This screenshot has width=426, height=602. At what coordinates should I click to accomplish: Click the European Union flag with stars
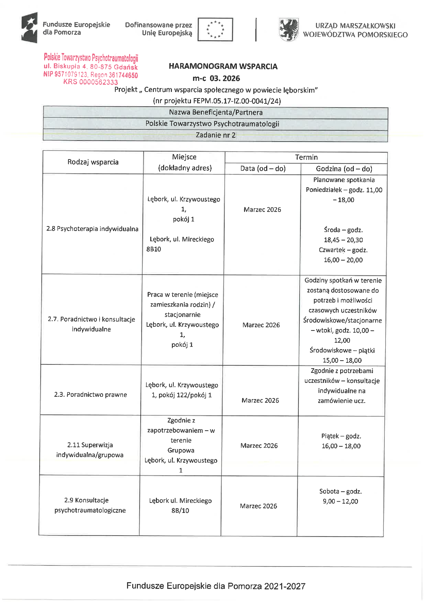[215, 29]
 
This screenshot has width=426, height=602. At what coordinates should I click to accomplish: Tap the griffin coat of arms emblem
[288, 29]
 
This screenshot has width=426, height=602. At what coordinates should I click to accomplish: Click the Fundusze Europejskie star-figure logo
[29, 28]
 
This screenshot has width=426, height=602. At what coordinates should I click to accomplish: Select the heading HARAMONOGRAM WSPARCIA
[223, 66]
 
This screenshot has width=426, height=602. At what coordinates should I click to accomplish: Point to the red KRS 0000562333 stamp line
[90, 82]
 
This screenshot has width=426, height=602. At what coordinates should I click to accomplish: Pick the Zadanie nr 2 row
[215, 135]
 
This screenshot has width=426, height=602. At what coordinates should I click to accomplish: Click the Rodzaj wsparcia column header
[93, 162]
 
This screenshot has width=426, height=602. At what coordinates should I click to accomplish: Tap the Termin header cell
[306, 157]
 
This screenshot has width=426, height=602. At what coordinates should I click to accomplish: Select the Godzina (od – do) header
[344, 169]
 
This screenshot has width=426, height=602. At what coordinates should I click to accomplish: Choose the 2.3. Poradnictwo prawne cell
[90, 395]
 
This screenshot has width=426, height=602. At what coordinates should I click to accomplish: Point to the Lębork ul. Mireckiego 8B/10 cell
[180, 505]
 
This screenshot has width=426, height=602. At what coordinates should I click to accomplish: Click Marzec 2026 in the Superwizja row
[259, 446]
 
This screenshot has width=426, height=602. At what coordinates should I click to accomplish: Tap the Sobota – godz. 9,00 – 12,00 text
[340, 496]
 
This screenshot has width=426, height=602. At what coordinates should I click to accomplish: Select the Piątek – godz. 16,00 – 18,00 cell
[341, 441]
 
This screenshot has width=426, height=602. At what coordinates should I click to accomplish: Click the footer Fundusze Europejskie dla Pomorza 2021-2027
[216, 586]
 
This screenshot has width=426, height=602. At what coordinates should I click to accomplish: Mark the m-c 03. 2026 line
[216, 78]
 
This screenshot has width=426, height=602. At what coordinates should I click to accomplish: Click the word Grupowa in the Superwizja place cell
[181, 450]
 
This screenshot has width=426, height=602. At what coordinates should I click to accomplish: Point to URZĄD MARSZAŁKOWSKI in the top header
[355, 26]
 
